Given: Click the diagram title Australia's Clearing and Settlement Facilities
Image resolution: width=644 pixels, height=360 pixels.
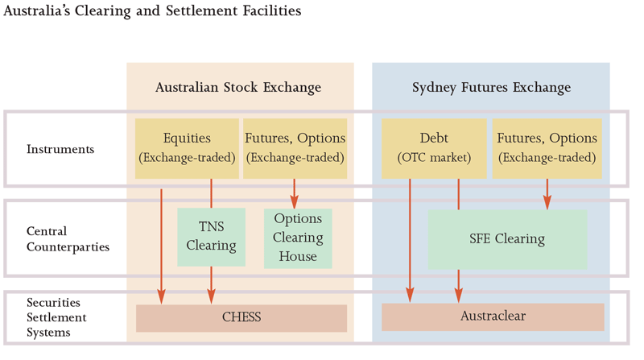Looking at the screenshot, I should [x=153, y=11].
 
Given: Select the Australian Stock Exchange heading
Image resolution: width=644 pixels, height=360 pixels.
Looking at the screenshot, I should [x=238, y=87].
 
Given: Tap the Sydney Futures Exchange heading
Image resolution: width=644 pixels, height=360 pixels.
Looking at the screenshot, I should [x=491, y=87].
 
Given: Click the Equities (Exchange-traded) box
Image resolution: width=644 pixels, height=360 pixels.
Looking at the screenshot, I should [x=187, y=148].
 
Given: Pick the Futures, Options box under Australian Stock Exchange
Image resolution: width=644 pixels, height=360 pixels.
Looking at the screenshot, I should [x=295, y=148].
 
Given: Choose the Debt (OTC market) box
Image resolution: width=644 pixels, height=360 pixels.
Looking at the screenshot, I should [x=433, y=148].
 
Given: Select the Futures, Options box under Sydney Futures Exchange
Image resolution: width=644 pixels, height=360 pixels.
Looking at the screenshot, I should [x=547, y=148].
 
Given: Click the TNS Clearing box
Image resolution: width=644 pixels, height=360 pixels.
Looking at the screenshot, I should [x=211, y=237].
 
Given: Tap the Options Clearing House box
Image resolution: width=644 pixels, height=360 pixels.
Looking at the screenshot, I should [x=298, y=238].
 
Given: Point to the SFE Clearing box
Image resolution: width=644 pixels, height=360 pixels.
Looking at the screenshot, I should [x=507, y=239].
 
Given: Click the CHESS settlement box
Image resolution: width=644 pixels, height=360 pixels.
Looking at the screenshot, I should [x=242, y=317].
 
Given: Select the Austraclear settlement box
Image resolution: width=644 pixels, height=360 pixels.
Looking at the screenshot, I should [x=493, y=317].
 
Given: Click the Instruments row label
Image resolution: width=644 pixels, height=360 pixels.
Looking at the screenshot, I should [x=60, y=149].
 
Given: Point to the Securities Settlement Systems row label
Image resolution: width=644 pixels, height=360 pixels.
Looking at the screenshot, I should [x=57, y=317].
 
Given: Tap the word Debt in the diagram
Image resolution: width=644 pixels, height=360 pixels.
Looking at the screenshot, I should [x=434, y=139].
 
